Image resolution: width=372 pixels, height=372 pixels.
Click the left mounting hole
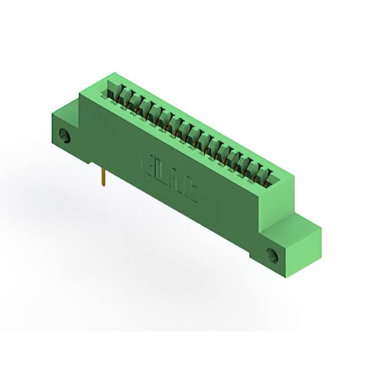65,137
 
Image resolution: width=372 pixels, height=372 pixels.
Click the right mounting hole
272,254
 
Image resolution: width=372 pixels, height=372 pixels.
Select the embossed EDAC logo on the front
169,178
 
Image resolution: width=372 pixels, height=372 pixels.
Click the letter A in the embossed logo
176,182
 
